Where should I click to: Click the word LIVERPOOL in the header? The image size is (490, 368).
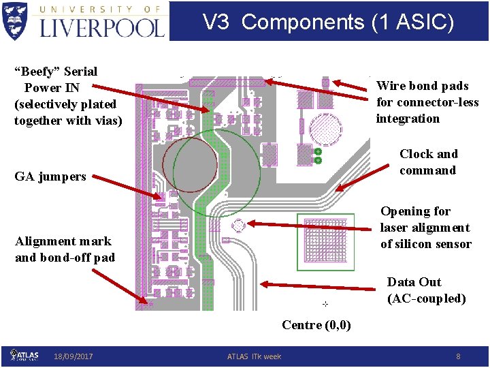point(102,27)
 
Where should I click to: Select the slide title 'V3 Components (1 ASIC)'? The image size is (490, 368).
point(329,22)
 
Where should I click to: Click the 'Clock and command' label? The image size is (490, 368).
point(428,162)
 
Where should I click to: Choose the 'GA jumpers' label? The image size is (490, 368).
point(50,177)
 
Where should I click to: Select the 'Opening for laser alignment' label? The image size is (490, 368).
point(425,228)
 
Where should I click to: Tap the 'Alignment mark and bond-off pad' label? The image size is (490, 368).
point(65,249)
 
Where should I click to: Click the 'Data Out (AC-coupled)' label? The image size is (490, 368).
point(427,290)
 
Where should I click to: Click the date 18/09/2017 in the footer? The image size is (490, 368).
point(74,356)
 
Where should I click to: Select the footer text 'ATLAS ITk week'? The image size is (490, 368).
point(254,356)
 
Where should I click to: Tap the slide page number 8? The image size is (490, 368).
point(458,356)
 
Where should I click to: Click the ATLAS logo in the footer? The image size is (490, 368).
point(24,355)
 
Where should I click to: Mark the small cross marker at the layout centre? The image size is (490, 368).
point(325,303)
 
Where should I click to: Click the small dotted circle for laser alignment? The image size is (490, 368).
point(239,225)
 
